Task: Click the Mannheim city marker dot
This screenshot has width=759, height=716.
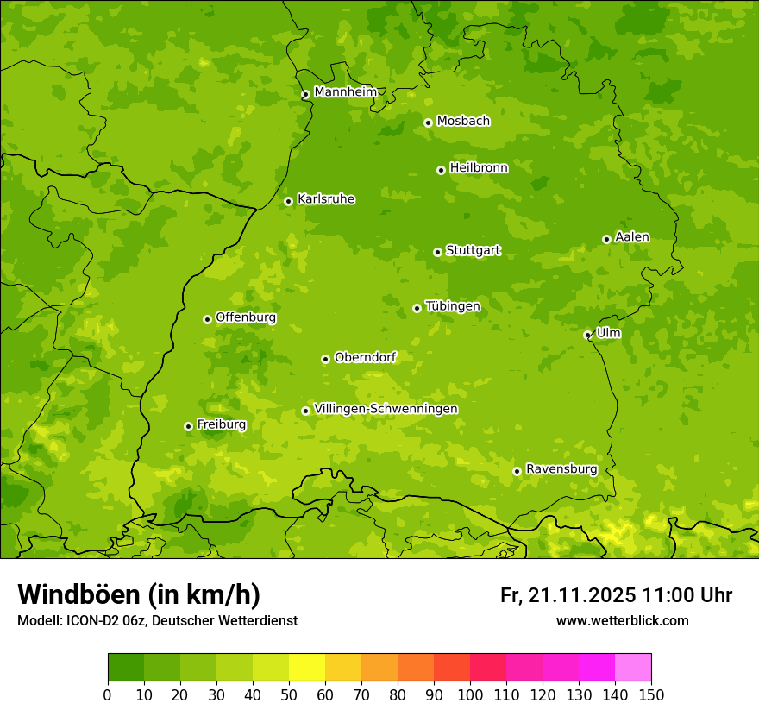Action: pyautogui.click(x=305, y=95)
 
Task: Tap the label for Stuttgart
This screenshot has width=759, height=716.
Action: pyautogui.click(x=473, y=250)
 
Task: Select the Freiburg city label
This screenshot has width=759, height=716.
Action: pyautogui.click(x=221, y=424)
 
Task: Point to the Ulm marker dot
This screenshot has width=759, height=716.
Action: pyautogui.click(x=587, y=335)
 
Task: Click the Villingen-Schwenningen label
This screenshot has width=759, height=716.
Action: pyautogui.click(x=386, y=409)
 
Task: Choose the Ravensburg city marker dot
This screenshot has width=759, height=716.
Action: pyautogui.click(x=517, y=471)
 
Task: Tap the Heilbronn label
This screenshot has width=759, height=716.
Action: pyautogui.click(x=479, y=168)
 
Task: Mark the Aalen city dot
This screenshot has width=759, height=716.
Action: pyautogui.click(x=606, y=239)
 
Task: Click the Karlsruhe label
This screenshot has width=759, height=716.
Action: pyautogui.click(x=326, y=199)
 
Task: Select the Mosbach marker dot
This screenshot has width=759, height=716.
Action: pyautogui.click(x=428, y=122)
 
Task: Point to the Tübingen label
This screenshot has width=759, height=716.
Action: pyautogui.click(x=453, y=306)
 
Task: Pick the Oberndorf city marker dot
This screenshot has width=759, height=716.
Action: pyautogui.click(x=325, y=359)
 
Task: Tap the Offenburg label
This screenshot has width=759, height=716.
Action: pyautogui.click(x=246, y=317)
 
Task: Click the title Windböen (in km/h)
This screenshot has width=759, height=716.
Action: pyautogui.click(x=139, y=594)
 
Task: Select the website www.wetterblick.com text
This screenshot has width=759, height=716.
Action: pyautogui.click(x=622, y=620)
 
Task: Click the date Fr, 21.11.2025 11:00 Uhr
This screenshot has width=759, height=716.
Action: pyautogui.click(x=616, y=595)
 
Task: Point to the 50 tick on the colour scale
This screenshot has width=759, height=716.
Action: pyautogui.click(x=289, y=694)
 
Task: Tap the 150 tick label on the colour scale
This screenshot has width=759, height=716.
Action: pyautogui.click(x=651, y=694)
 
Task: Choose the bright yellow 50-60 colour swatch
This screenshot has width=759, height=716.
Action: pyautogui.click(x=307, y=668)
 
